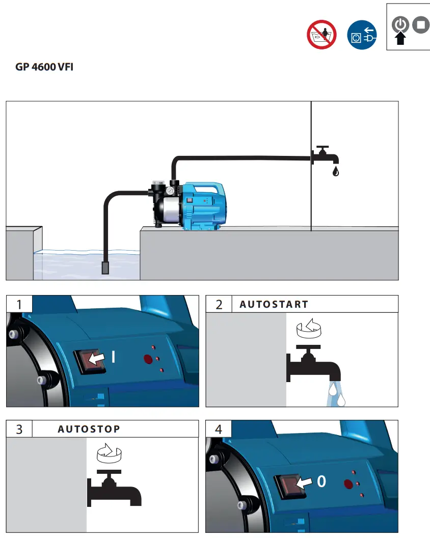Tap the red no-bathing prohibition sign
[x=322, y=35]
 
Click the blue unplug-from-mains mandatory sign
[x=362, y=35]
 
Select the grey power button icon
[x=400, y=24]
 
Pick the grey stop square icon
[x=421, y=24]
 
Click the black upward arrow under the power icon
[x=400, y=39]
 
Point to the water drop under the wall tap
[x=335, y=171]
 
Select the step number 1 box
[x=19, y=304]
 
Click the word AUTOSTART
[x=274, y=304]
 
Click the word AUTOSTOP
[x=89, y=429]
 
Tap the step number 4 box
[x=219, y=429]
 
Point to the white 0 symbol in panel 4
[x=321, y=481]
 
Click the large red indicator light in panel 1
[x=148, y=360]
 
